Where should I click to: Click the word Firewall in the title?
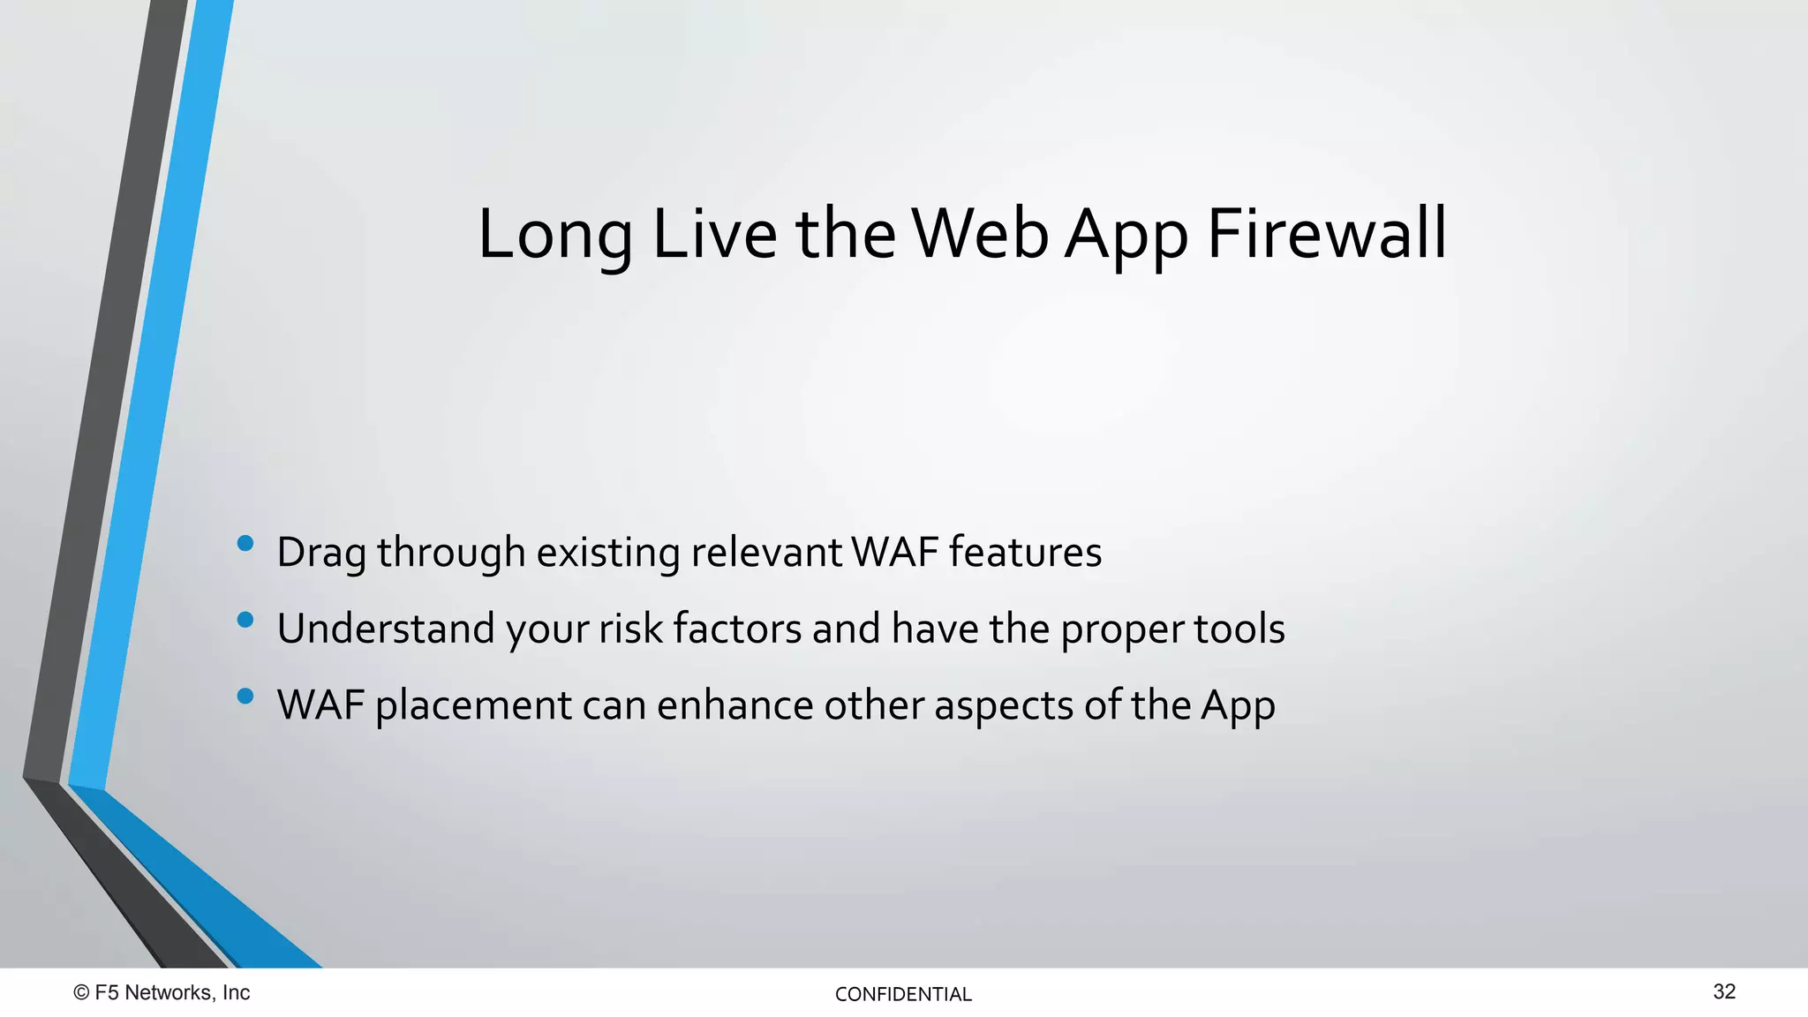tap(1326, 234)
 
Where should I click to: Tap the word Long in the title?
tap(554, 237)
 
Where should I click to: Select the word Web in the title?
tap(980, 234)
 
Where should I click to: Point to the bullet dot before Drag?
tap(245, 544)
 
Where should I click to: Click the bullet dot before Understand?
tap(245, 621)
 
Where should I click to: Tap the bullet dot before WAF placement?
tap(245, 697)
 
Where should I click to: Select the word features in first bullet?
tap(1025, 553)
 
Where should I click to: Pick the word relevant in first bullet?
tap(766, 553)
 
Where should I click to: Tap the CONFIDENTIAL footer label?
tap(903, 995)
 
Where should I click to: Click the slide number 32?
tap(1724, 992)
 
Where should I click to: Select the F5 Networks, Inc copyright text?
tap(172, 993)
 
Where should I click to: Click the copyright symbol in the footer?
tap(81, 993)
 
